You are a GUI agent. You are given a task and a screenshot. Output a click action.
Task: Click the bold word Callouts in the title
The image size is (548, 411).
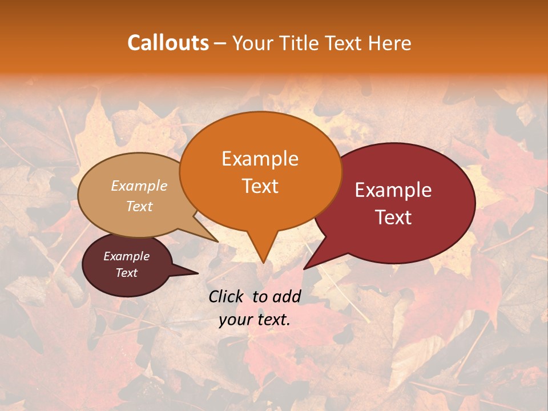click(x=168, y=43)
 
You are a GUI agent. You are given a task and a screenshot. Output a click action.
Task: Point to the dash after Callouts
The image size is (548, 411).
click(x=220, y=43)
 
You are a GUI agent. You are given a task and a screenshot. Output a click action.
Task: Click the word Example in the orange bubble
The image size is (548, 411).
click(x=260, y=159)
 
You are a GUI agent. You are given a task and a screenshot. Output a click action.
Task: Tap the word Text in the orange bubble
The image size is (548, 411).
click(x=260, y=186)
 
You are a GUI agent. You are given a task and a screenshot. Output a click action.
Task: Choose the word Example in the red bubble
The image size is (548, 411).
click(x=393, y=190)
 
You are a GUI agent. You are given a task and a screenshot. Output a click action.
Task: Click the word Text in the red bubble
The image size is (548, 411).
click(x=393, y=217)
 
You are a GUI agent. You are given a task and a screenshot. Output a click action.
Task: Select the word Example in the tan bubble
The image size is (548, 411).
click(x=139, y=186)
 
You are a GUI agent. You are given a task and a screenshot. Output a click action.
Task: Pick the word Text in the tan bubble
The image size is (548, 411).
click(x=139, y=206)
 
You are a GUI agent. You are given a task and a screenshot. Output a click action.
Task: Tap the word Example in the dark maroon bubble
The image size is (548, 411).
click(x=126, y=256)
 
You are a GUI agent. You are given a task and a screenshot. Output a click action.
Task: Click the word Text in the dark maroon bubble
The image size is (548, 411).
click(x=126, y=273)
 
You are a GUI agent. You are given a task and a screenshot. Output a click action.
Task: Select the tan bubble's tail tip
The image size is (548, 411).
click(x=217, y=241)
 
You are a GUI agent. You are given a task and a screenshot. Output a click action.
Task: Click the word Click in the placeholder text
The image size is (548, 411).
click(x=227, y=296)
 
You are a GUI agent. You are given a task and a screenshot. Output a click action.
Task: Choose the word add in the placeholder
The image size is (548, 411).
click(x=287, y=296)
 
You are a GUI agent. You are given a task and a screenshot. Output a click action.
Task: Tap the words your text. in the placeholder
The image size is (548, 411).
click(x=255, y=320)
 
